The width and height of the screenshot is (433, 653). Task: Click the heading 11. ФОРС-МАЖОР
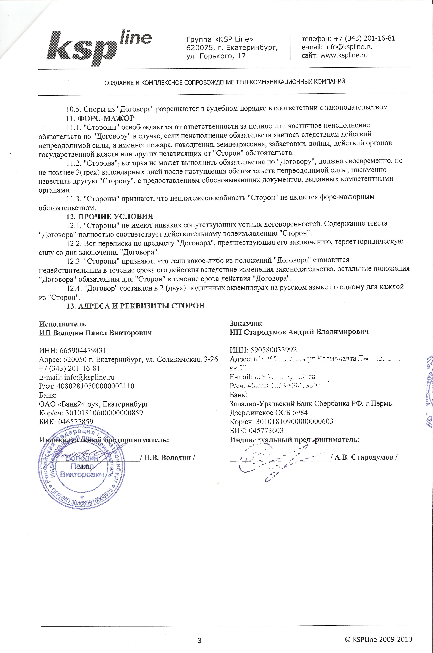tap(101, 118)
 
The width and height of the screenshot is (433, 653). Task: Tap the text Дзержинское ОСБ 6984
tap(268, 413)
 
